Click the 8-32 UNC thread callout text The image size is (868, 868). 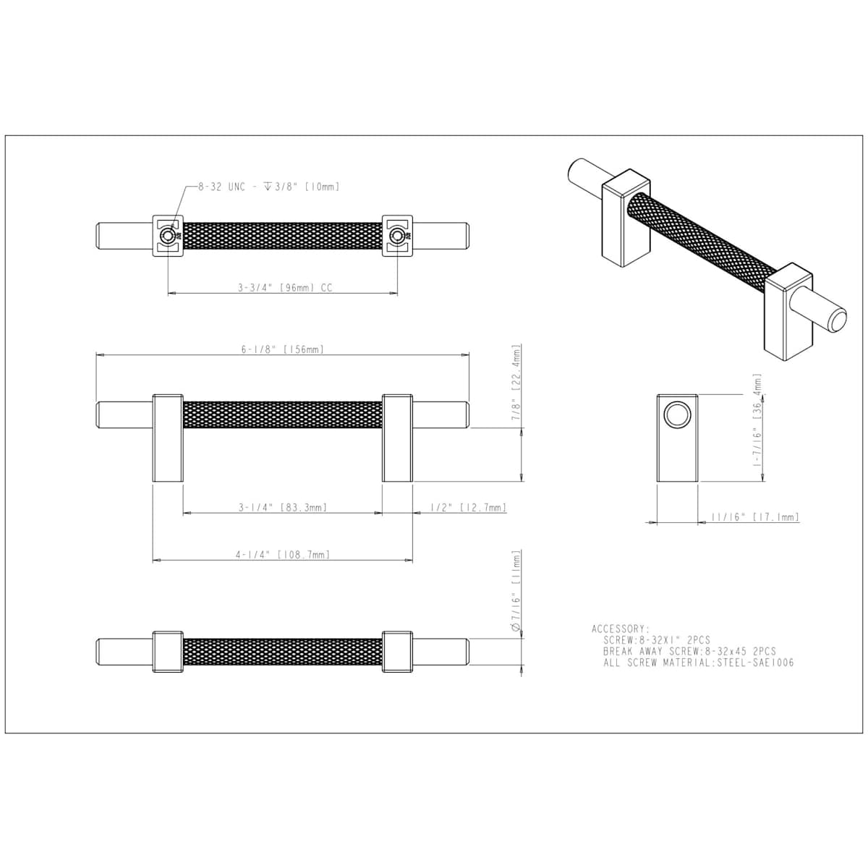268,187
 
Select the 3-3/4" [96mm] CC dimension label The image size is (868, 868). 285,287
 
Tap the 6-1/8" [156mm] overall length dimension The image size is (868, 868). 282,349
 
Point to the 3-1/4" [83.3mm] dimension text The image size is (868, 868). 282,507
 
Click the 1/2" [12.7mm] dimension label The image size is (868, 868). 469,507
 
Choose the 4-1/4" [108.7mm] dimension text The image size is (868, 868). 283,555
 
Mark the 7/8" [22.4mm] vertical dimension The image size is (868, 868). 516,383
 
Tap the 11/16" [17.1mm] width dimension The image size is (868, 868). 755,517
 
